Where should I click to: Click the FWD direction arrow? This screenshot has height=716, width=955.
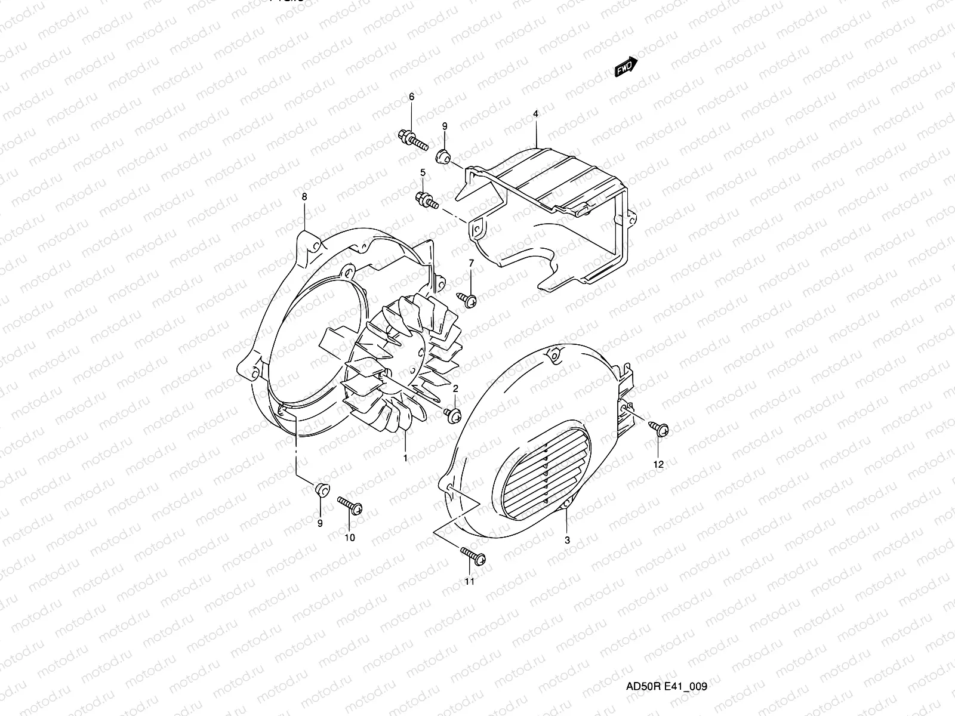(x=626, y=67)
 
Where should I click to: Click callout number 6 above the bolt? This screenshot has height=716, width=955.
(x=428, y=97)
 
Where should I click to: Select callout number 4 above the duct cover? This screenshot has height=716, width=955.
(x=536, y=113)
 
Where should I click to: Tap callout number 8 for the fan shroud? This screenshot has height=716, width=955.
(x=304, y=196)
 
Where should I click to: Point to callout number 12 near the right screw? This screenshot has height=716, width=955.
(x=658, y=464)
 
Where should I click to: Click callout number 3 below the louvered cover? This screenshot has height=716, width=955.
(x=567, y=540)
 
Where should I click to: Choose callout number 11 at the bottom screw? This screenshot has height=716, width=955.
(x=469, y=581)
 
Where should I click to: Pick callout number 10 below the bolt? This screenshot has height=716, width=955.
(x=350, y=538)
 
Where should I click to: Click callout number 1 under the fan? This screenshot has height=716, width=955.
(x=405, y=458)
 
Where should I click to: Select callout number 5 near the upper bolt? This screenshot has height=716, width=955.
(x=423, y=172)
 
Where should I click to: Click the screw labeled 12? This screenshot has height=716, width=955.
(x=659, y=428)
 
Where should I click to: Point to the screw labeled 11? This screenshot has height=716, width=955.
(x=474, y=556)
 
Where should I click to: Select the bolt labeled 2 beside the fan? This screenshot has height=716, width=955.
(x=452, y=413)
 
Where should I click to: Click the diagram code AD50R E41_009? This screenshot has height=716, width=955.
(x=666, y=686)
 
